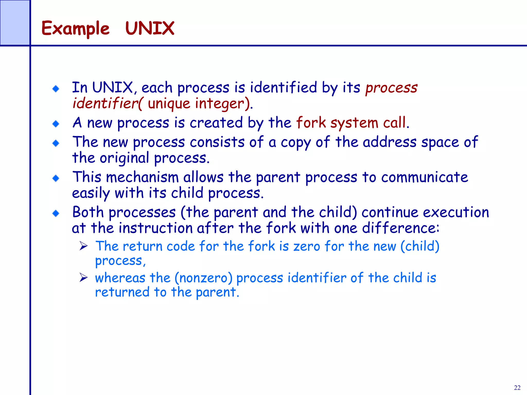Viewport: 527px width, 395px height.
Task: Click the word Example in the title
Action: [75, 28]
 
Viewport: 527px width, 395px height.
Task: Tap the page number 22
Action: [517, 388]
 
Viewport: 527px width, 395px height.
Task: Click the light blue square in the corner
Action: [15, 23]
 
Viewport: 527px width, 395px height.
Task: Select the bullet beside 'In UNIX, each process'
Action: [56, 89]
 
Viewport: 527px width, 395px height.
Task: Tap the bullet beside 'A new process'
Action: [56, 124]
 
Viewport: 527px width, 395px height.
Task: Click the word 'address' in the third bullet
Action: [389, 142]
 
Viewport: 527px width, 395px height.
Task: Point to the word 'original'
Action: [124, 158]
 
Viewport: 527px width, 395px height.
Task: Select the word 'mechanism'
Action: [142, 177]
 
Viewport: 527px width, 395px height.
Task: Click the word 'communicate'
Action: [425, 177]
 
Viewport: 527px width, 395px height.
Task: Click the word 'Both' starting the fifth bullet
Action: [88, 212]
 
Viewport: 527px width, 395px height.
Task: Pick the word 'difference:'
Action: [400, 228]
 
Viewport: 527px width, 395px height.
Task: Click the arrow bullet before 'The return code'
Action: [84, 246]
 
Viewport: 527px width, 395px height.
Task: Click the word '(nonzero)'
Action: [203, 278]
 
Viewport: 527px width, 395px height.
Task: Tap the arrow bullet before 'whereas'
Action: [84, 278]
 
